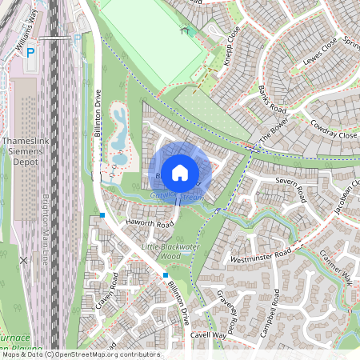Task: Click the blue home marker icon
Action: tap(180, 171)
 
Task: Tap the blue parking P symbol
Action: tap(30, 53)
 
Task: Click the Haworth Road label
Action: tap(145, 225)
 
